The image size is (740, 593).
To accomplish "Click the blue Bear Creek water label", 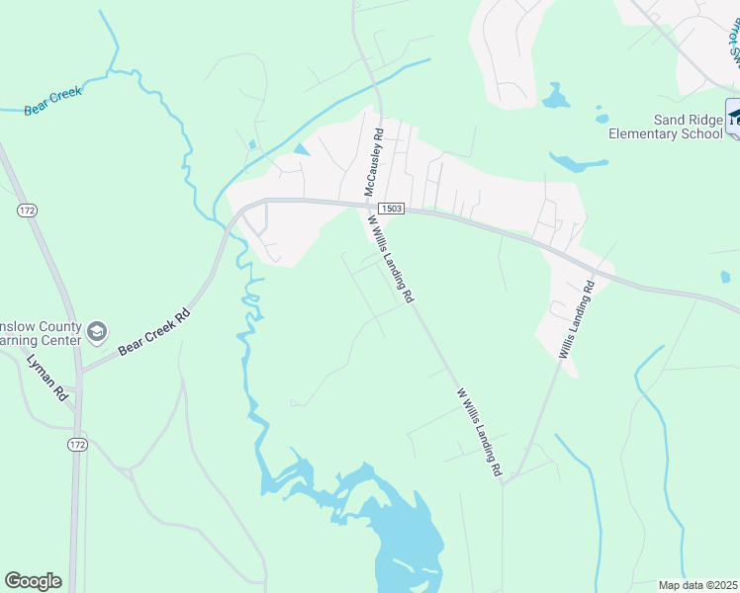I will coord(52,101).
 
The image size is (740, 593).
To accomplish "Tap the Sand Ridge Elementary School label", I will coord(666,127).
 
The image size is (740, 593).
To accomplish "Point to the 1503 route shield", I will coord(390,208).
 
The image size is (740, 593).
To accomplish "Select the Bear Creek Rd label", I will coord(153,334).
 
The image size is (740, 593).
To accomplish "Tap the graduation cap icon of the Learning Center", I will coord(97,331).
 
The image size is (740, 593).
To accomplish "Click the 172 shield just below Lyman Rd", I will coord(78,446).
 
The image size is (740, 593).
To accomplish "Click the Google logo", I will coord(33,580).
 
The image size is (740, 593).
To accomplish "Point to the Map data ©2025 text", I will coord(697,585).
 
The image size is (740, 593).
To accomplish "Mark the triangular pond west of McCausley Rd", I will coord(302,148).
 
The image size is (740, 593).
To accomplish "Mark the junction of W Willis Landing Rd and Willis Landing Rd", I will coord(505,482).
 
